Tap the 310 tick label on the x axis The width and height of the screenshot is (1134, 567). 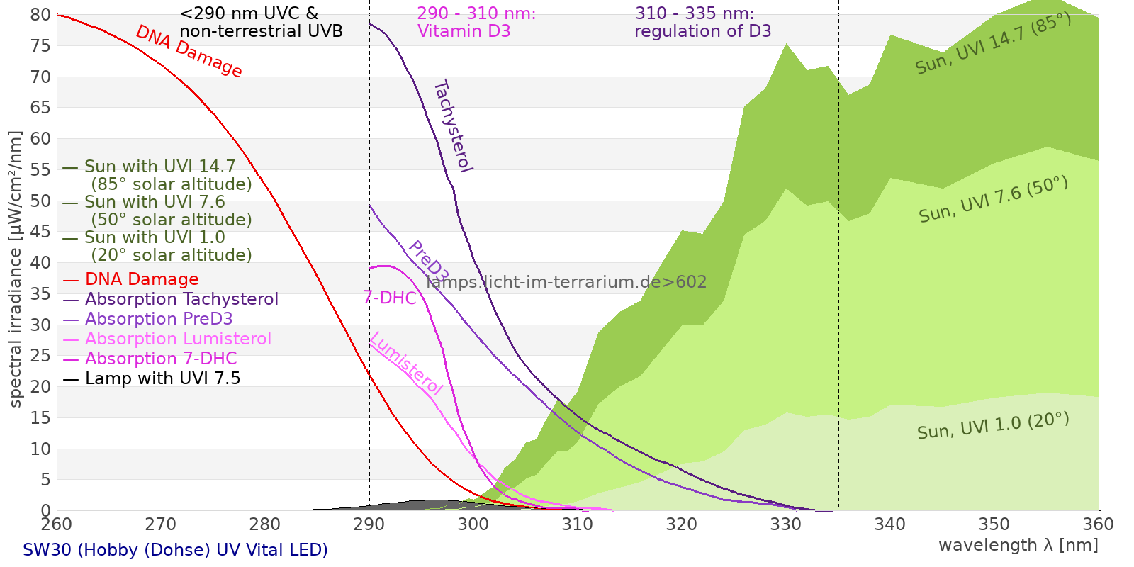[x=578, y=524]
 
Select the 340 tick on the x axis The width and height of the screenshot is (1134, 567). [x=890, y=524]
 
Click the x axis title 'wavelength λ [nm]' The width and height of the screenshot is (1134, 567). [x=1018, y=545]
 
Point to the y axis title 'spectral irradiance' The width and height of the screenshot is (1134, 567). [x=16, y=269]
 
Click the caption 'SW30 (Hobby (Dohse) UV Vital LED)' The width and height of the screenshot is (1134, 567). [x=175, y=550]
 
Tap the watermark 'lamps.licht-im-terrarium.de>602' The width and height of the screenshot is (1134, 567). [x=566, y=282]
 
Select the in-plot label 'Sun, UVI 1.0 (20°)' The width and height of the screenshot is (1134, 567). [x=993, y=426]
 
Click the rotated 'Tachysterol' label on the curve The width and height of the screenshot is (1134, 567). [x=453, y=126]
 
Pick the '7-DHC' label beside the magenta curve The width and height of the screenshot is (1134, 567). [x=390, y=298]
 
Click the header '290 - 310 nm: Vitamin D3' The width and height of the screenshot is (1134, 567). [x=476, y=23]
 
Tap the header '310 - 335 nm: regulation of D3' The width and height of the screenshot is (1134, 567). [x=702, y=23]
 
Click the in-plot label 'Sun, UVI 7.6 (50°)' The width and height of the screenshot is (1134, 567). [x=993, y=200]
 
